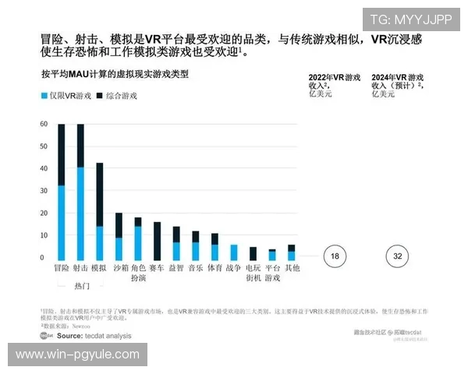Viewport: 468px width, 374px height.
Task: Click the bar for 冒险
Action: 62,192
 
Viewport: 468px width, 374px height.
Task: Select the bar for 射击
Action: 80,192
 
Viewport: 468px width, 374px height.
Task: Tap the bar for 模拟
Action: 99,211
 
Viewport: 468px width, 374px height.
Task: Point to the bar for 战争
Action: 234,252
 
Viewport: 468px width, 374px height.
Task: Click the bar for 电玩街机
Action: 253,253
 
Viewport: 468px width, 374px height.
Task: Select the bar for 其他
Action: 291,252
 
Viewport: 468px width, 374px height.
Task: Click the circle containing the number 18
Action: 334,256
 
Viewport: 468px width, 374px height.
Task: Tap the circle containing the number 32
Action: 398,256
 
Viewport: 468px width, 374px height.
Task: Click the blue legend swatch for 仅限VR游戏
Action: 44,96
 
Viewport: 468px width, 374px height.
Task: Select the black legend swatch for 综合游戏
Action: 99,96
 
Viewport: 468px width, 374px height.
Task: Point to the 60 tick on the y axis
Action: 41,125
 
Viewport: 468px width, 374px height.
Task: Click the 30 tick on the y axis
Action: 41,191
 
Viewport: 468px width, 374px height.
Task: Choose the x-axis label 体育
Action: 214,267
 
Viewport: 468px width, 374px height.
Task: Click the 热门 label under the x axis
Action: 81,286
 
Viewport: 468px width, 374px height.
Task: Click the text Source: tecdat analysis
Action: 94,336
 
